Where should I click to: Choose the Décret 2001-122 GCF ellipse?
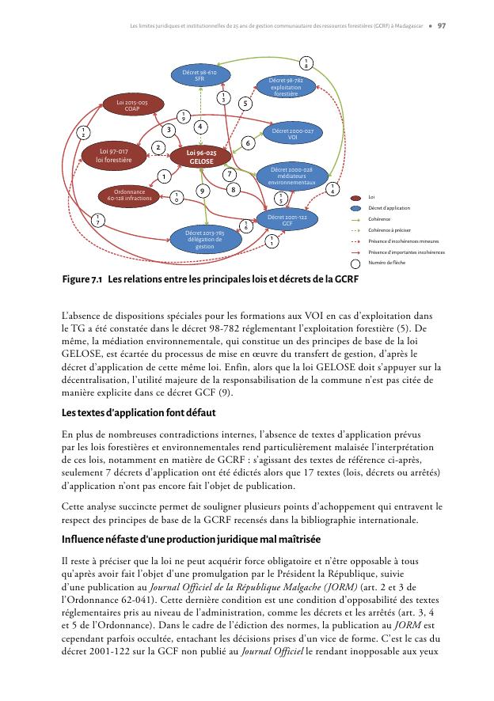(287, 220)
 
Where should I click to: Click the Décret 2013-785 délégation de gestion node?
(204, 238)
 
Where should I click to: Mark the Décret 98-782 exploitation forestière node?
(286, 86)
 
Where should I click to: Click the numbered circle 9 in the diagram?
(202, 190)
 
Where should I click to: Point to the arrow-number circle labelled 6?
(247, 142)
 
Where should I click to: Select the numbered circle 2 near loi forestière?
(158, 147)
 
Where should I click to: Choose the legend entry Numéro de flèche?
(389, 262)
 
